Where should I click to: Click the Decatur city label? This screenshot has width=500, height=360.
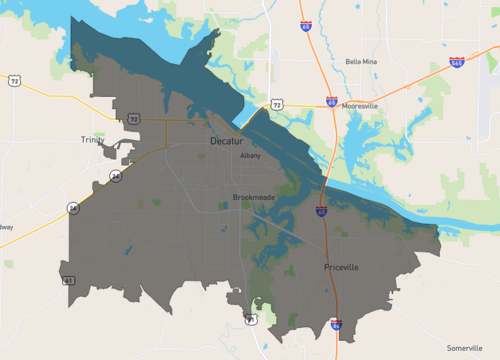(227, 142)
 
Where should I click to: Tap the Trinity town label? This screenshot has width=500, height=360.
(92, 140)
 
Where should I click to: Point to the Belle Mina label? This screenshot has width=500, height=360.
(361, 61)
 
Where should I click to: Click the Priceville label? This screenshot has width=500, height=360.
(341, 267)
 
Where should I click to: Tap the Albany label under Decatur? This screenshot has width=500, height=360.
(250, 155)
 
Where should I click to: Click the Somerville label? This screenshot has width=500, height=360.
(464, 346)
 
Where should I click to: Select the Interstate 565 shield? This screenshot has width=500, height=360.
(456, 61)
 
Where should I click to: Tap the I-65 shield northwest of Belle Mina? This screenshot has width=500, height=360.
(304, 28)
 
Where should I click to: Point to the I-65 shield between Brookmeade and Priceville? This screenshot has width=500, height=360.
(321, 211)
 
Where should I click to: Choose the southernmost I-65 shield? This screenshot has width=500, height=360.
(336, 325)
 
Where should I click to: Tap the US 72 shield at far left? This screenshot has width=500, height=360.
(14, 79)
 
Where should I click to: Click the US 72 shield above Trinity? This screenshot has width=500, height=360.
(134, 118)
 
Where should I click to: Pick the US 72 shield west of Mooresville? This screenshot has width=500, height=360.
(276, 103)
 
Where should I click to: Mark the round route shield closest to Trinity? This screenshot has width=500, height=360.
(116, 176)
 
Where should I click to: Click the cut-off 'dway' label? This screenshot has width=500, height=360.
(6, 227)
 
